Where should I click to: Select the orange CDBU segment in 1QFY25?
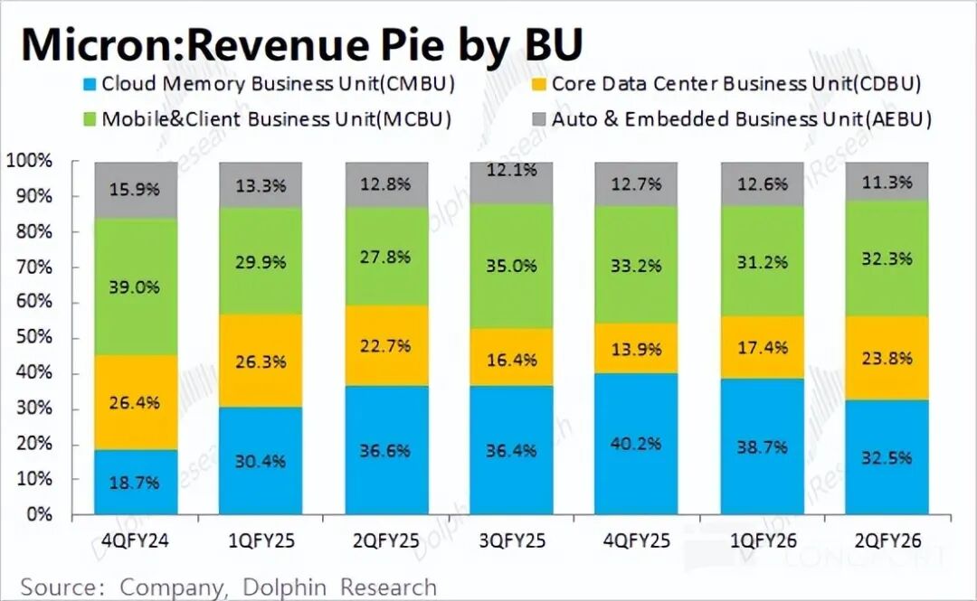[x=261, y=361]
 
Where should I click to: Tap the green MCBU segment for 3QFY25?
[x=510, y=267]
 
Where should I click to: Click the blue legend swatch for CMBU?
[x=90, y=85]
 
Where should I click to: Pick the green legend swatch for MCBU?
[x=90, y=119]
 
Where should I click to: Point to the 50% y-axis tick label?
[x=33, y=338]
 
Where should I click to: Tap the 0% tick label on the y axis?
[x=38, y=515]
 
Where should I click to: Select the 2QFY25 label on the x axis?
[x=385, y=542]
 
